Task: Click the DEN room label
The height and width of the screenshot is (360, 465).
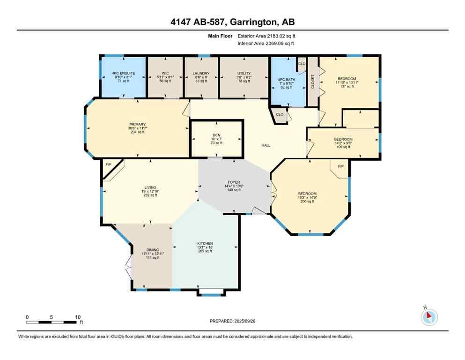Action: tap(216, 135)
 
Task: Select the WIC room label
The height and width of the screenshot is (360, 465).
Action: tap(165, 73)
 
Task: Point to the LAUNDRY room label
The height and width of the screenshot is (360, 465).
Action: tap(200, 73)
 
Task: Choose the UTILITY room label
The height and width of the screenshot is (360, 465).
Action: tap(244, 73)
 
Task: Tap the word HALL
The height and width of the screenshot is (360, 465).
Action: tap(266, 145)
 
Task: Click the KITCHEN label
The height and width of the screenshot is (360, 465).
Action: tap(205, 243)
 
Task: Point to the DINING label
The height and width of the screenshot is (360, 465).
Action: tap(153, 250)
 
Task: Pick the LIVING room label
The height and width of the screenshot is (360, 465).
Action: tap(150, 187)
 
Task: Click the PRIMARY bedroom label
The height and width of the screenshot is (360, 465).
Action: tap(137, 125)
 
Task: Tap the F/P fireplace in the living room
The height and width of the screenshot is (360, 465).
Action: tap(109, 165)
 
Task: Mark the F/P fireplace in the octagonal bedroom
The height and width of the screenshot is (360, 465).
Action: tap(340, 166)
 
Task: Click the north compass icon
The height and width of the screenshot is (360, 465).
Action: tap(428, 316)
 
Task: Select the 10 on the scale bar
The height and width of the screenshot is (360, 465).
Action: tap(77, 316)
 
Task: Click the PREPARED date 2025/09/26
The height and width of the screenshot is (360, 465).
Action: tap(246, 321)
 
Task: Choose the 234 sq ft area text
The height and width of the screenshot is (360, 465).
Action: tap(137, 132)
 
